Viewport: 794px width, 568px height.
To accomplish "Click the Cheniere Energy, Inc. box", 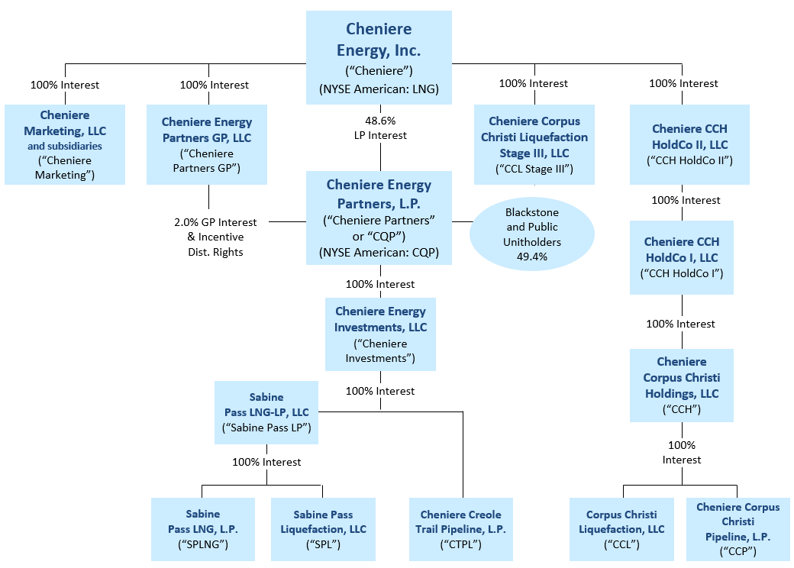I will (379, 57).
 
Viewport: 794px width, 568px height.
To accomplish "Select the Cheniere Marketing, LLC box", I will (64, 144).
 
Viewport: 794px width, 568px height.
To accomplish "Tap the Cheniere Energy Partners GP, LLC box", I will (207, 145).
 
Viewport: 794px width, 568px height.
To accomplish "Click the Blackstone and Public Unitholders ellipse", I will (531, 234).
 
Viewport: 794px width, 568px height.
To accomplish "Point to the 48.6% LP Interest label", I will (381, 127).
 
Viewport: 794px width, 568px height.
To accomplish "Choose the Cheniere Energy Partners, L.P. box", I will (379, 218).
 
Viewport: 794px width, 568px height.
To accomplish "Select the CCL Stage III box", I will (534, 145).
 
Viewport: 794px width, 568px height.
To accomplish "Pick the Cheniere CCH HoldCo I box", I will (681, 257).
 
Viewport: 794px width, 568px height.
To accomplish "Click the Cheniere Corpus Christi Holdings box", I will (681, 385).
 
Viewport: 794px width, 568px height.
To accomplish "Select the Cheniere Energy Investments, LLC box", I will (380, 334).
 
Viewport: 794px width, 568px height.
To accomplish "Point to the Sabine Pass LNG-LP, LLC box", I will (266, 412).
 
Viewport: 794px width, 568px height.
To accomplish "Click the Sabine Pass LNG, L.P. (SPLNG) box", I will (202, 529).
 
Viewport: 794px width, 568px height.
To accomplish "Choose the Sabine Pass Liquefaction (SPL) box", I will (323, 529).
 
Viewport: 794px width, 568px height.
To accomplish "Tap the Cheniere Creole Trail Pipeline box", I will (460, 529).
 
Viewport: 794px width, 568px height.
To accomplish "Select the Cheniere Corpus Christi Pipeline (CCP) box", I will (738, 529).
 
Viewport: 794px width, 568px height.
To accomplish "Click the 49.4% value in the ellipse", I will (531, 258).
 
